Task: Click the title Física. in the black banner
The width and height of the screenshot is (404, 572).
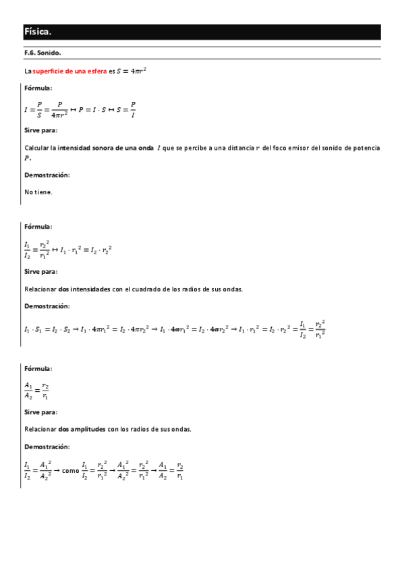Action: pyautogui.click(x=38, y=32)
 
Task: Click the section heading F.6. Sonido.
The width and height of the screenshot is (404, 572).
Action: pyautogui.click(x=42, y=53)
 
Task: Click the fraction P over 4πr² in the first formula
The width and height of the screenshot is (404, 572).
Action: pyautogui.click(x=60, y=109)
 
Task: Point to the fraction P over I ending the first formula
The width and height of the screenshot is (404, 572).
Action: pyautogui.click(x=133, y=109)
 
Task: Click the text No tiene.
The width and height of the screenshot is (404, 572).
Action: pyautogui.click(x=38, y=192)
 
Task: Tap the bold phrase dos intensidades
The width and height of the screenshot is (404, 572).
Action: pyautogui.click(x=85, y=289)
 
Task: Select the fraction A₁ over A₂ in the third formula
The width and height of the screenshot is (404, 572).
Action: pyautogui.click(x=28, y=391)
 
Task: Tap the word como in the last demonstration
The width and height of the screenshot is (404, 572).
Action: pyautogui.click(x=70, y=471)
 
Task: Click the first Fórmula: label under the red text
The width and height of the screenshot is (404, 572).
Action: pyautogui.click(x=38, y=88)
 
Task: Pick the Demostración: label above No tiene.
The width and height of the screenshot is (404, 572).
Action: pyautogui.click(x=47, y=175)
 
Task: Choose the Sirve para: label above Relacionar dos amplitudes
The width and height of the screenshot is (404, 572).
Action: pyautogui.click(x=40, y=411)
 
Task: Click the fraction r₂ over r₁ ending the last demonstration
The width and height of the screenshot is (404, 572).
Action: pyautogui.click(x=180, y=471)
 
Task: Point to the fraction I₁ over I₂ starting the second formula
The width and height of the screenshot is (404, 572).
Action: pyautogui.click(x=27, y=250)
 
